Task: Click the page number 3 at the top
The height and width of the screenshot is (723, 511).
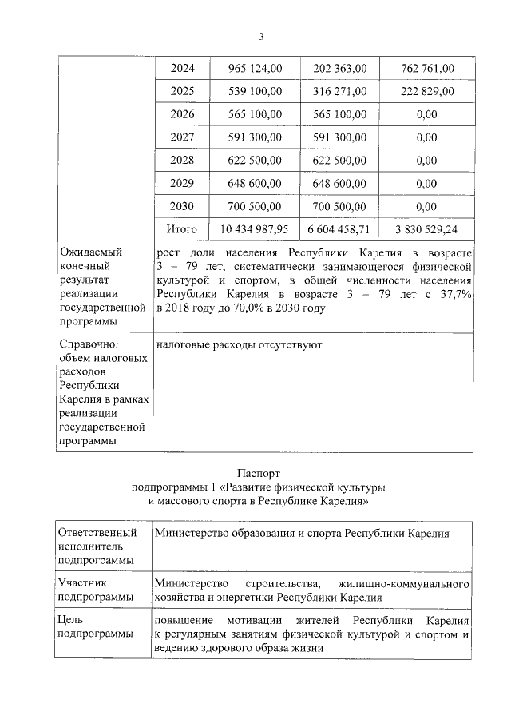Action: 260,37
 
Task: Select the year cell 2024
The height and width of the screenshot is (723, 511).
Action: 182,68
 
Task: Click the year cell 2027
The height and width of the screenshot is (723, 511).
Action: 182,137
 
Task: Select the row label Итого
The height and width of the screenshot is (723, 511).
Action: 181,229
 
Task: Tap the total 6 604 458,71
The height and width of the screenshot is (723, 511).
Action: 339,229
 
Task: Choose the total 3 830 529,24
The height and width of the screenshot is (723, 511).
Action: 426,229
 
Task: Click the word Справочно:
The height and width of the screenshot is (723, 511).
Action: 89,344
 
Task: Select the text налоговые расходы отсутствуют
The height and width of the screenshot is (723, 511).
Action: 239,344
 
